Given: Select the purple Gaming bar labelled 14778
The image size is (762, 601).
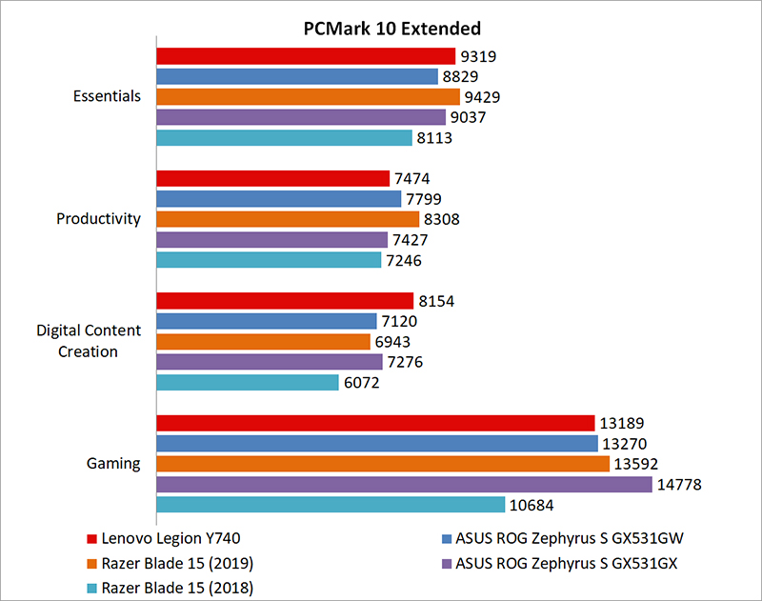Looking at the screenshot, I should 404,484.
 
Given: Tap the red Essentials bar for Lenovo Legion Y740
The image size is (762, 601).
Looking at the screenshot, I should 306,56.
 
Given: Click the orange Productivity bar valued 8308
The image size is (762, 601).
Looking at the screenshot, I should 288,218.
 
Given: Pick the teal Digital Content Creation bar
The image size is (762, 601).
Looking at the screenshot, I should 248,382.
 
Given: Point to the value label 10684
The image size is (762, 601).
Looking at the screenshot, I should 532,505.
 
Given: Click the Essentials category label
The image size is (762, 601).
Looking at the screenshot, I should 107,96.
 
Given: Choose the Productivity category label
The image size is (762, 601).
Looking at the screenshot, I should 98,218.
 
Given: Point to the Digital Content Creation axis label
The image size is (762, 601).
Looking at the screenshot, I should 90,341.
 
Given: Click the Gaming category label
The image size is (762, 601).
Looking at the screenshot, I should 113,464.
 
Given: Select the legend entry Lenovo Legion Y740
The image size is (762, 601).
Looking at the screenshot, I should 168,537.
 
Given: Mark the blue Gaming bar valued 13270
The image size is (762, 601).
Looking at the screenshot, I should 376,443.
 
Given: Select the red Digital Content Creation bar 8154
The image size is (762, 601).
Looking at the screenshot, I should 284,301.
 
